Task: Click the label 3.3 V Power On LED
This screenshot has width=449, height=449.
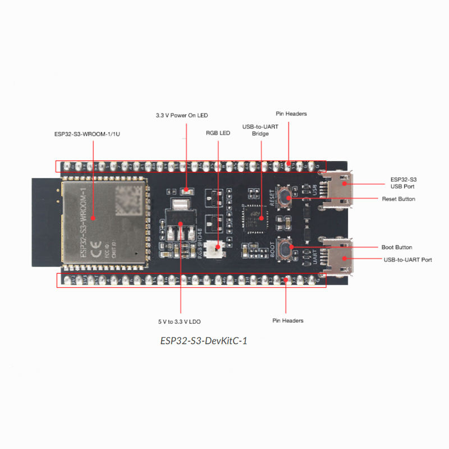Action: tap(182, 116)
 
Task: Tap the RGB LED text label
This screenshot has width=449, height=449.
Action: tap(218, 133)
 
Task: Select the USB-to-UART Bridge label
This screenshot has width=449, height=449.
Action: tap(260, 130)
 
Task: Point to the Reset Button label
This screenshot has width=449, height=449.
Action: tap(398, 199)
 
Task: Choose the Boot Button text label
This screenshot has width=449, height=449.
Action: tap(397, 248)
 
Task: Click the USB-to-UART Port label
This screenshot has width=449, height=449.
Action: tap(407, 260)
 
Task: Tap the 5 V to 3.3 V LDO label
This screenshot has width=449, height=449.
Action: tap(180, 322)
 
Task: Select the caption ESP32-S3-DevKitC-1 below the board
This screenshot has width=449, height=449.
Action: tap(204, 340)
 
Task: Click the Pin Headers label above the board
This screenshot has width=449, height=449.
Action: tap(291, 114)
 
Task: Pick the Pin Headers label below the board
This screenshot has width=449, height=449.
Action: tap(288, 320)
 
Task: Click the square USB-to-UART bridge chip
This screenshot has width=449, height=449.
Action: tap(254, 217)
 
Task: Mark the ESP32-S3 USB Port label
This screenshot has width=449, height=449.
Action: tap(402, 182)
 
